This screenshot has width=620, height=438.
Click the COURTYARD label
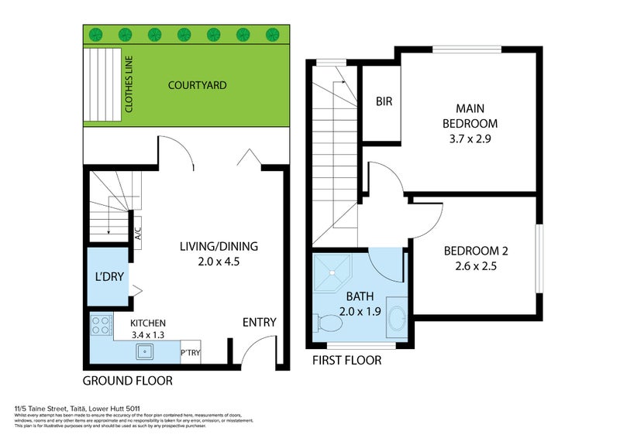coord(198,85)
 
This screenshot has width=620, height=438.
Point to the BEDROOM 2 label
coord(476,251)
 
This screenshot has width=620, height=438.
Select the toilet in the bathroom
coord(322,320)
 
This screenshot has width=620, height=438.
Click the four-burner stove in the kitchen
coord(102,326)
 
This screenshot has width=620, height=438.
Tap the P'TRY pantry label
coord(190,352)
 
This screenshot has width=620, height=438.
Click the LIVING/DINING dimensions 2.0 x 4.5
coord(219,262)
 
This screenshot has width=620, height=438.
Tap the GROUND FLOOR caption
coord(127,381)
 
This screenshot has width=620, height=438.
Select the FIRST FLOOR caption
coord(346,361)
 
